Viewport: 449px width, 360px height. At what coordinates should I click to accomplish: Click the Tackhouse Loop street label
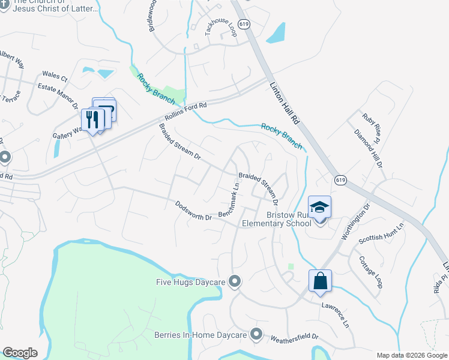click(x=220, y=28)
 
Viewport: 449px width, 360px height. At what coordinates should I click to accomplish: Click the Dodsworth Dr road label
click(x=193, y=211)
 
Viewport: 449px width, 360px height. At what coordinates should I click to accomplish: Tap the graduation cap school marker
click(x=320, y=208)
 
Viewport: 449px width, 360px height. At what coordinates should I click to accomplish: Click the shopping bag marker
click(x=320, y=280)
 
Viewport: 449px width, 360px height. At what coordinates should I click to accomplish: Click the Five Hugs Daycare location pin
click(x=235, y=281)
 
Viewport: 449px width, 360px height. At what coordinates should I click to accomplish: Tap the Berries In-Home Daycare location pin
click(x=256, y=334)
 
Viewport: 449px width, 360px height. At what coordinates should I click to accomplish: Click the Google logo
click(x=19, y=352)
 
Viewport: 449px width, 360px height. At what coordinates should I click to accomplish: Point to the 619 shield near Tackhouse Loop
click(x=243, y=24)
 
